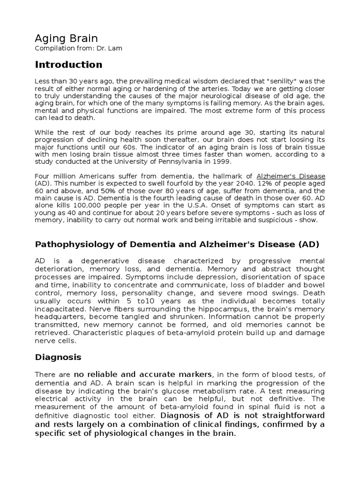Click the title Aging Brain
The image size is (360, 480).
point(67,38)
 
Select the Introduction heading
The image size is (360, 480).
point(68,65)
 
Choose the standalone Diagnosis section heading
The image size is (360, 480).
point(58,357)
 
